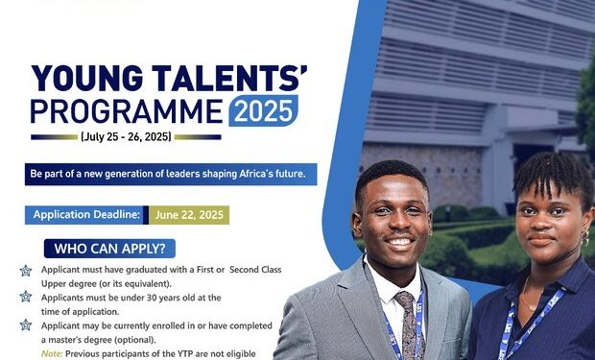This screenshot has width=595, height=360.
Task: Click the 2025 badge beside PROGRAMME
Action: pyautogui.click(x=263, y=111)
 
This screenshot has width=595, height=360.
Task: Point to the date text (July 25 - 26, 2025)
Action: pyautogui.click(x=125, y=137)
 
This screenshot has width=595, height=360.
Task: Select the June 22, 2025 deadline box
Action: pyautogui.click(x=188, y=214)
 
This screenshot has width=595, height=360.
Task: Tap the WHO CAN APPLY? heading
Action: pyautogui.click(x=108, y=249)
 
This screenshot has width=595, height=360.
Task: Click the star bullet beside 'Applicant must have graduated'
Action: pyautogui.click(x=26, y=271)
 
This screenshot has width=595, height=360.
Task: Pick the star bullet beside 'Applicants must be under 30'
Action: pyautogui.click(x=26, y=299)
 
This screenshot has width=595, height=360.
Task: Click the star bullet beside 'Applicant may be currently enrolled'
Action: pyautogui.click(x=26, y=326)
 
